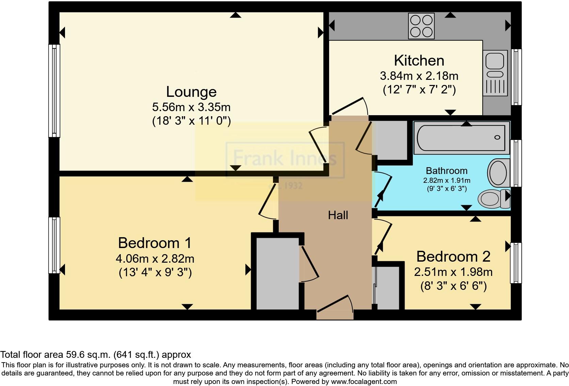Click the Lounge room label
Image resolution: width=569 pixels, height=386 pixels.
191,92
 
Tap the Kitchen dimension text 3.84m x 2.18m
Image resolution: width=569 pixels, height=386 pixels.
419,76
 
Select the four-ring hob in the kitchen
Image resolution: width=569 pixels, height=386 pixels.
422,26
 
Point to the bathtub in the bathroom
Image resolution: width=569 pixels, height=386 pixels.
461,138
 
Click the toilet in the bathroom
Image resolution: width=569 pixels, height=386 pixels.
493,199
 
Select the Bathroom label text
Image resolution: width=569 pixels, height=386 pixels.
446,171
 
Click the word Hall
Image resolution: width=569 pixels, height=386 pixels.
338,215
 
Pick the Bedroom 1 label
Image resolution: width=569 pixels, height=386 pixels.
155,243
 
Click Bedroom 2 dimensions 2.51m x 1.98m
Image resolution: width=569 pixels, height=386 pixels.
453,272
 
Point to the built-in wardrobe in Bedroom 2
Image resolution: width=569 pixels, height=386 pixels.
388,287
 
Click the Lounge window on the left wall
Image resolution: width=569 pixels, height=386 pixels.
54,91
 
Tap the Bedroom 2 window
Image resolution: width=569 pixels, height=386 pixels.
516,263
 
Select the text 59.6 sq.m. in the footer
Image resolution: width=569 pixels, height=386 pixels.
87,355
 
